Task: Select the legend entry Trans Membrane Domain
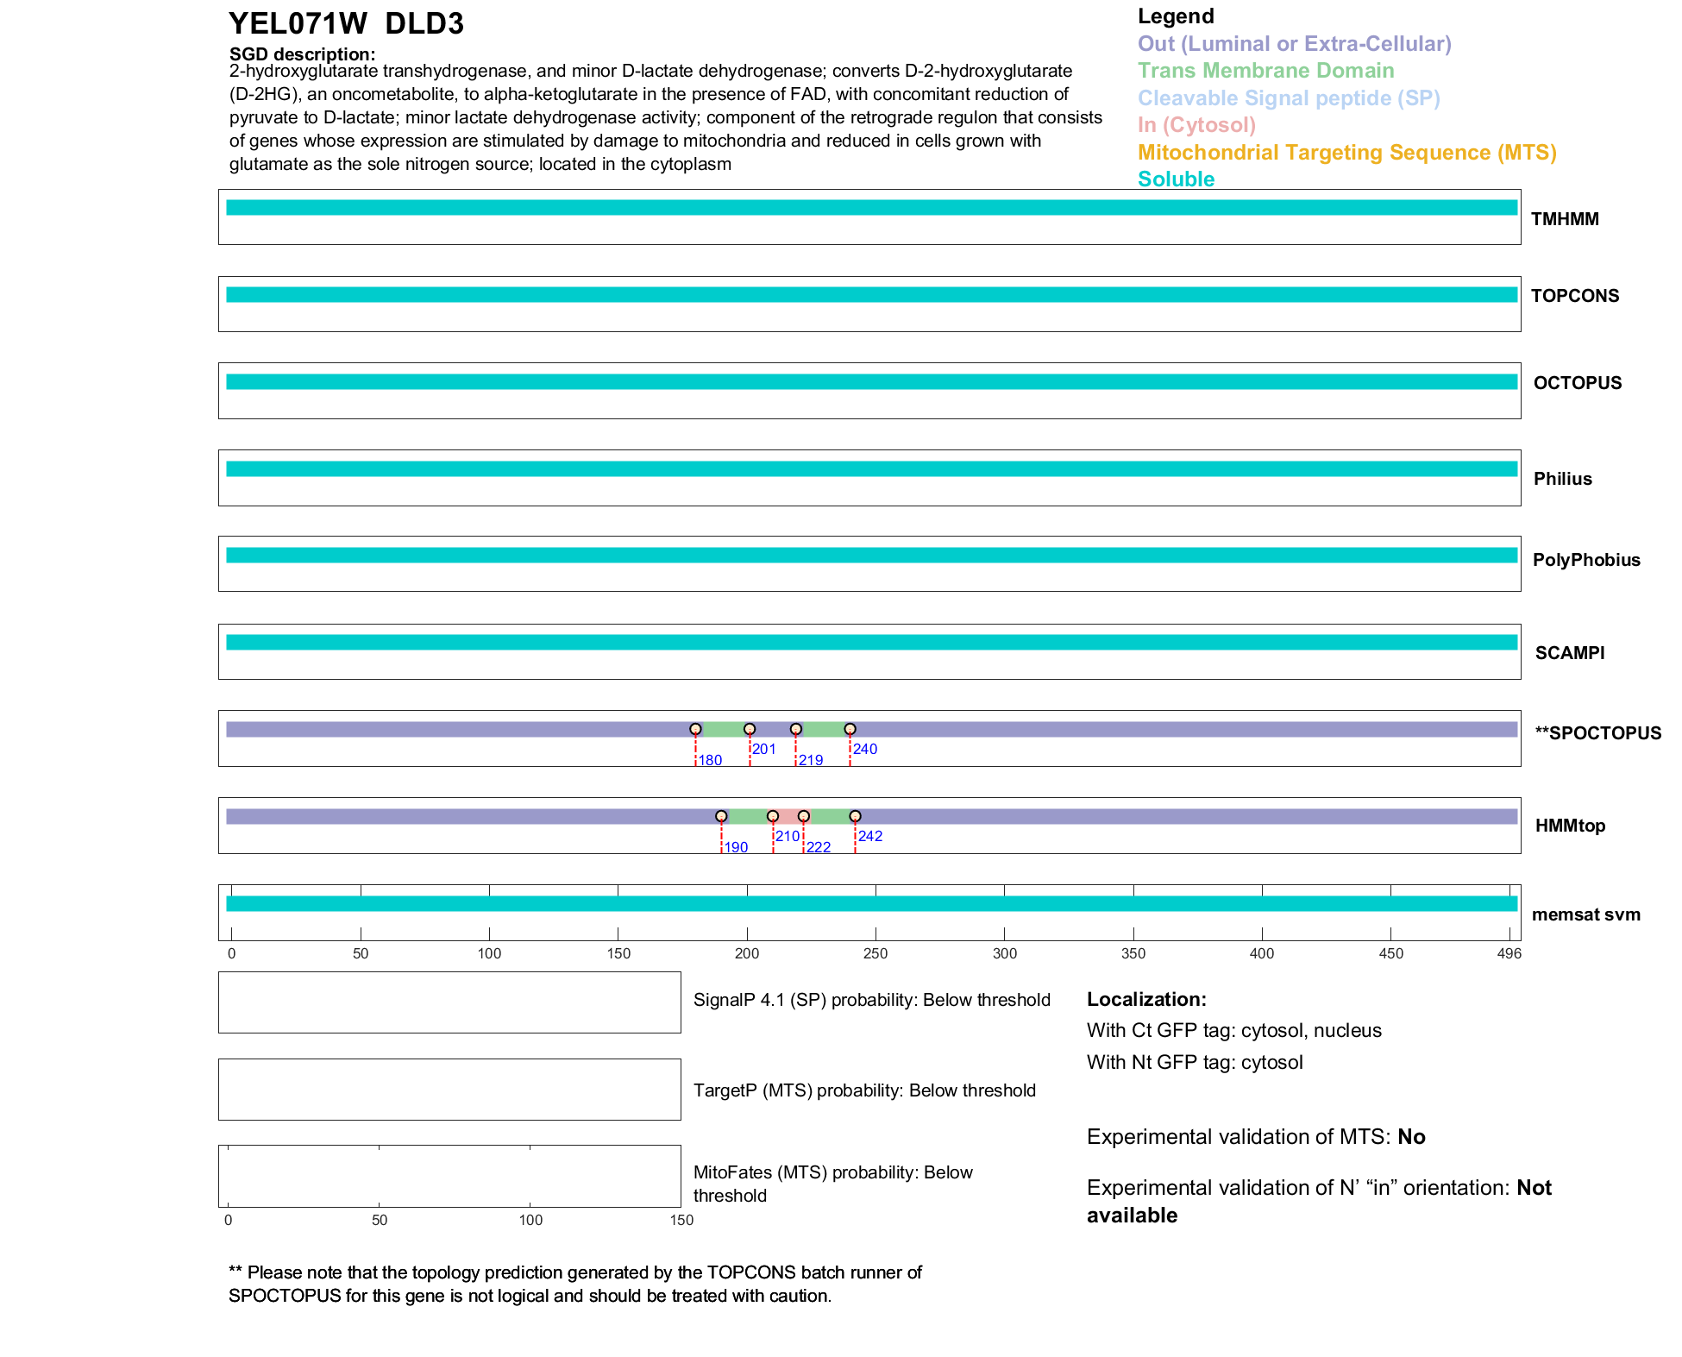(x=1265, y=71)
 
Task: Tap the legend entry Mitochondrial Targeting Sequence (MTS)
(x=1346, y=153)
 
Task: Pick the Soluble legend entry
(x=1176, y=179)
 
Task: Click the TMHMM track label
(x=1564, y=219)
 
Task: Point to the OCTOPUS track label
(x=1577, y=383)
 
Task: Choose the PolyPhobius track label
(x=1585, y=560)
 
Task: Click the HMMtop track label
(x=1570, y=826)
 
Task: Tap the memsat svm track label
(x=1585, y=914)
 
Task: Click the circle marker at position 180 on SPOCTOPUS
(x=695, y=729)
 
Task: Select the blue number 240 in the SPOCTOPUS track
(x=865, y=749)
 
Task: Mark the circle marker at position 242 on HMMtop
(x=855, y=816)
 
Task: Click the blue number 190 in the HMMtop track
(x=736, y=847)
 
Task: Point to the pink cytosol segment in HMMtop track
(x=788, y=816)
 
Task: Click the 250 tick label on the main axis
(x=876, y=953)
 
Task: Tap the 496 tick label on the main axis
(x=1509, y=953)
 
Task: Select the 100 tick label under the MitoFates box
(x=530, y=1220)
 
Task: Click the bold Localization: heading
(x=1145, y=999)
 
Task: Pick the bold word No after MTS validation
(x=1411, y=1137)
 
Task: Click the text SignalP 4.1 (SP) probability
(x=803, y=1000)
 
